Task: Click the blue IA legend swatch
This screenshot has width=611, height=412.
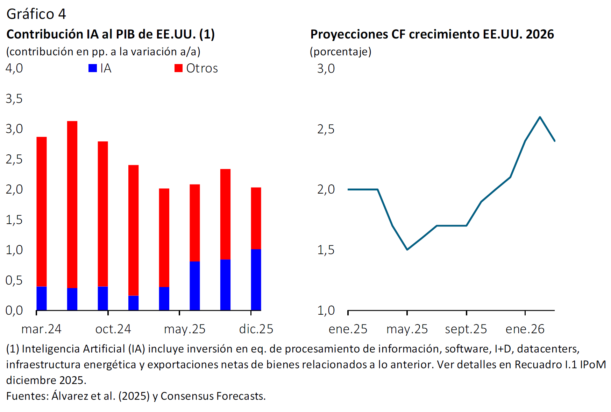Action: (x=93, y=68)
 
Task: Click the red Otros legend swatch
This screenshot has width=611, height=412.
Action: (x=178, y=68)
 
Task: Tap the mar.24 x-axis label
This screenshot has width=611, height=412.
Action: (x=41, y=329)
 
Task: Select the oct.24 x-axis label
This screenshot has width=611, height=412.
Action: (x=113, y=329)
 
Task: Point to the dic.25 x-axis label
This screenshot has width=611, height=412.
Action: (x=256, y=329)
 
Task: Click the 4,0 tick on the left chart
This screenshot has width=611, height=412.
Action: (x=14, y=68)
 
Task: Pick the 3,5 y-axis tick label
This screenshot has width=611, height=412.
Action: (x=14, y=99)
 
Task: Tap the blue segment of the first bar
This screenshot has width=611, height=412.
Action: (x=42, y=298)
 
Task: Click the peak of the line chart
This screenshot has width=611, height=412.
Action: (x=540, y=117)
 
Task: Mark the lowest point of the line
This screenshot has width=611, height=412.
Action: (x=407, y=249)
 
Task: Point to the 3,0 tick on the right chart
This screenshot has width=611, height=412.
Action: (x=326, y=69)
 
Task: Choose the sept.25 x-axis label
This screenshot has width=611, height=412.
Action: (x=466, y=329)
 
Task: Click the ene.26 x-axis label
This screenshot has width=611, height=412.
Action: (x=525, y=329)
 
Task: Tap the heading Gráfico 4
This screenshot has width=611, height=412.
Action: (x=36, y=14)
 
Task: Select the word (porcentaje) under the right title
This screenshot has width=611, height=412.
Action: (x=340, y=52)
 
